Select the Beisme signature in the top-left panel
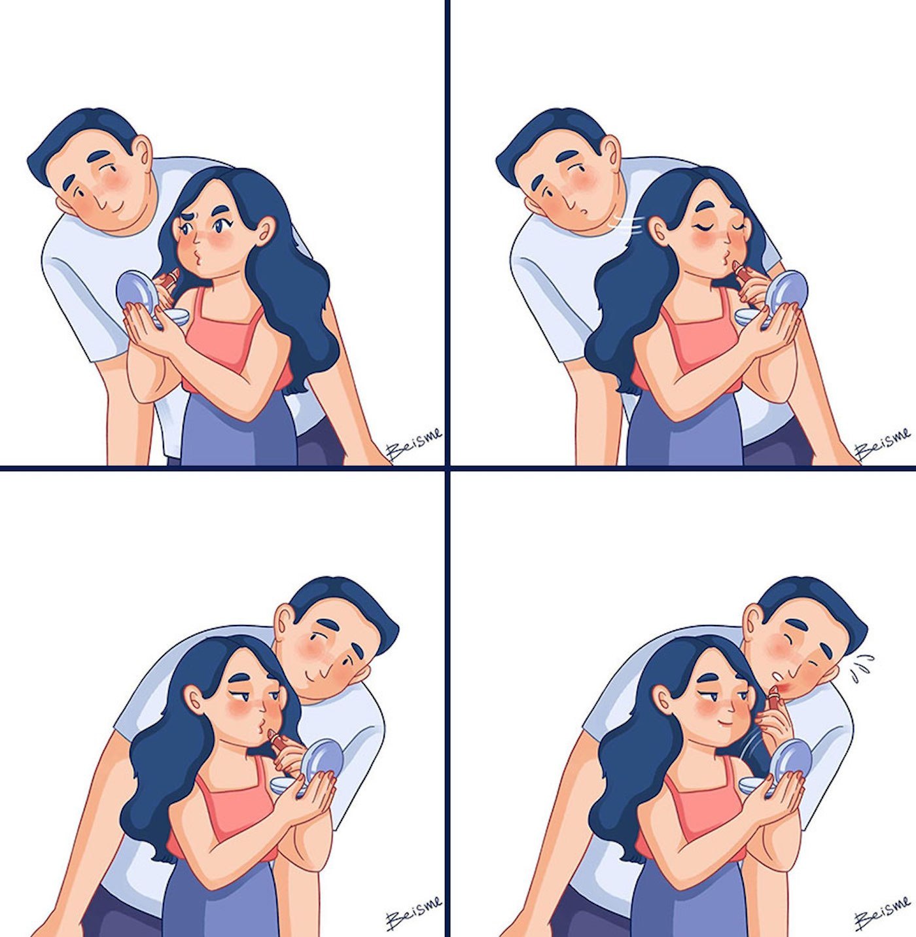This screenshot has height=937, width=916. [414, 446]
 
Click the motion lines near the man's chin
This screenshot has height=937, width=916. [624, 223]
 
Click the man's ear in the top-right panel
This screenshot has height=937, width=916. [610, 155]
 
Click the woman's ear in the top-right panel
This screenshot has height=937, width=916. [656, 230]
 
